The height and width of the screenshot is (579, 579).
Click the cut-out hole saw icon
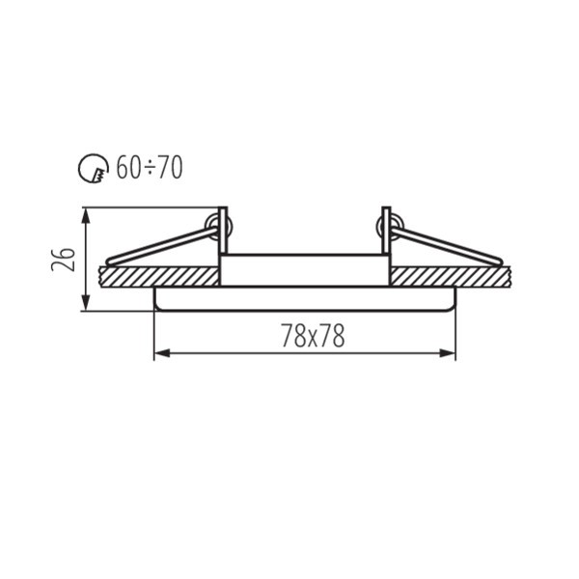point(94,168)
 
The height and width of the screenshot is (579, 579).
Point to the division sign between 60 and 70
point(150,169)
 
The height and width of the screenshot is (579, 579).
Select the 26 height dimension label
point(63,260)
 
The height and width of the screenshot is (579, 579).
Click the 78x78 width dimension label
point(313,336)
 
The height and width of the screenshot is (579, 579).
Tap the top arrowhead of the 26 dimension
point(86,216)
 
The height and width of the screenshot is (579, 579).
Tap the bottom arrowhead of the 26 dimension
point(86,303)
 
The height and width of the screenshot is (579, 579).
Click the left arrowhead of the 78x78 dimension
point(162,353)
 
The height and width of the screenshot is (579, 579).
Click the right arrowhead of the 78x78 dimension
point(447,353)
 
